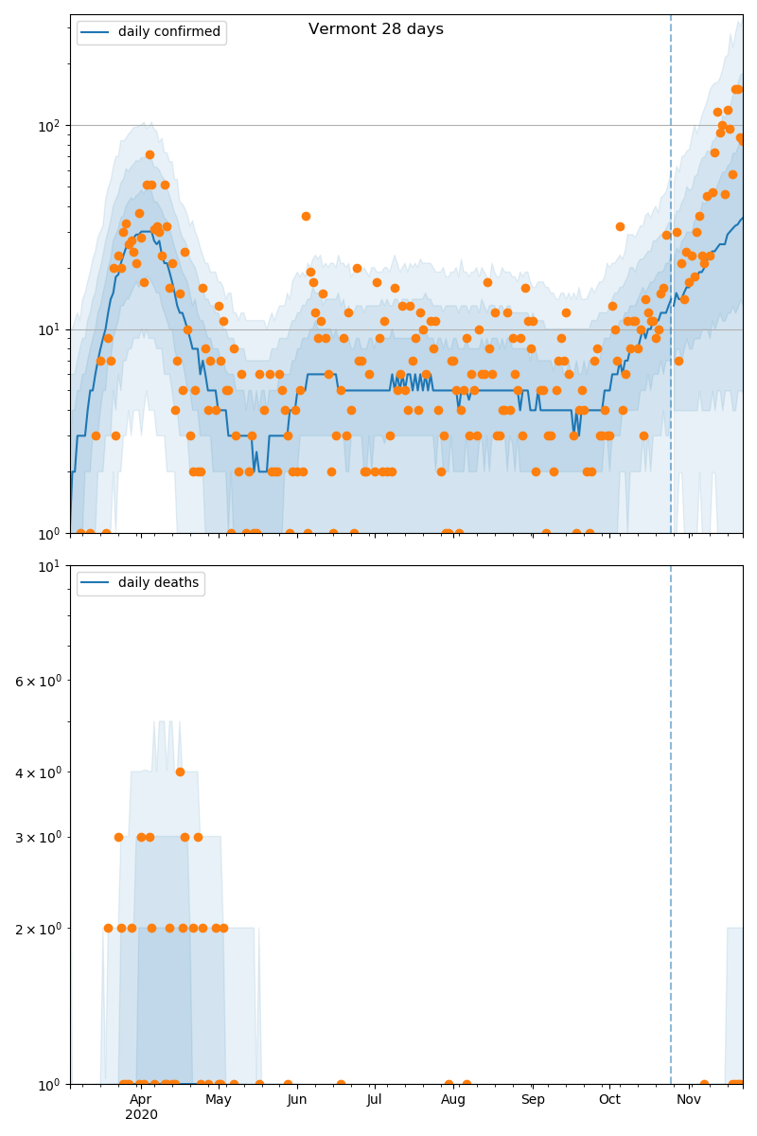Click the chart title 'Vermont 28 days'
point(376,29)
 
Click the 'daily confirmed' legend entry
point(168,32)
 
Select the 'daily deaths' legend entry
point(158,583)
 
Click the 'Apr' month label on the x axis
point(140,1099)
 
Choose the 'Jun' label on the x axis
point(297,1099)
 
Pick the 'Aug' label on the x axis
point(453,1099)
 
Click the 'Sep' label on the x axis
point(533,1099)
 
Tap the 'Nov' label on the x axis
point(689,1099)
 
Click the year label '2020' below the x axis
point(141,1115)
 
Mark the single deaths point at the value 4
point(180,772)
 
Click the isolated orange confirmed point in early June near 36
point(306,216)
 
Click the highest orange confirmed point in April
point(150,154)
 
